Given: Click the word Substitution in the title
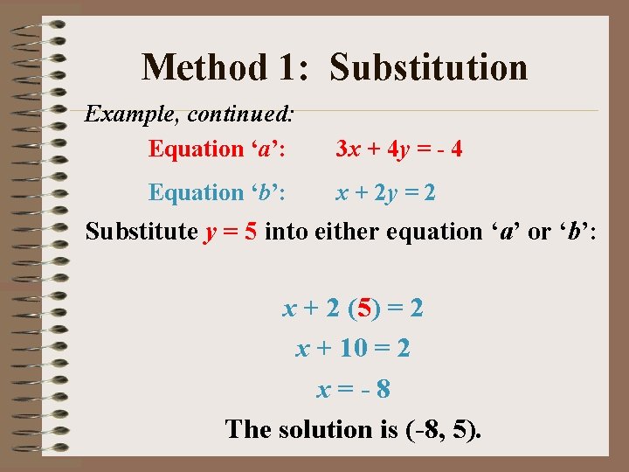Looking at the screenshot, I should click(428, 67).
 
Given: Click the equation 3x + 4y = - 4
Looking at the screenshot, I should click(399, 149).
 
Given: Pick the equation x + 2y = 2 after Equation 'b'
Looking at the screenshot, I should click(386, 191).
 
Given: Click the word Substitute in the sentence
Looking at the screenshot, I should click(142, 232).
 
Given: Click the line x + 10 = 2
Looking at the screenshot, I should click(353, 349).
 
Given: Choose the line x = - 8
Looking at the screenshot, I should click(353, 388).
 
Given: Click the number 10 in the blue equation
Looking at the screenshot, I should click(353, 349).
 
